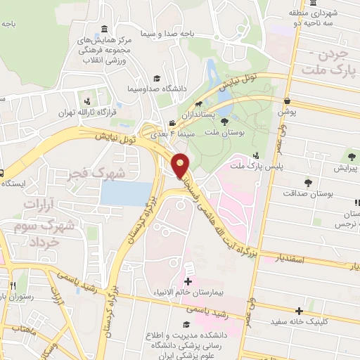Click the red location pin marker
(x=181, y=166)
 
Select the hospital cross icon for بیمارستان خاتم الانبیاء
(x=188, y=281)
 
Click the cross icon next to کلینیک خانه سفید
(x=300, y=310)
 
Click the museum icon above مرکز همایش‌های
(x=105, y=29)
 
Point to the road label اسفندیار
(x=285, y=259)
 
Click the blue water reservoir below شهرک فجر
(x=126, y=193)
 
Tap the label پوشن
(x=288, y=111)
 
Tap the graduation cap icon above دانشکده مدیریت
(x=186, y=324)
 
